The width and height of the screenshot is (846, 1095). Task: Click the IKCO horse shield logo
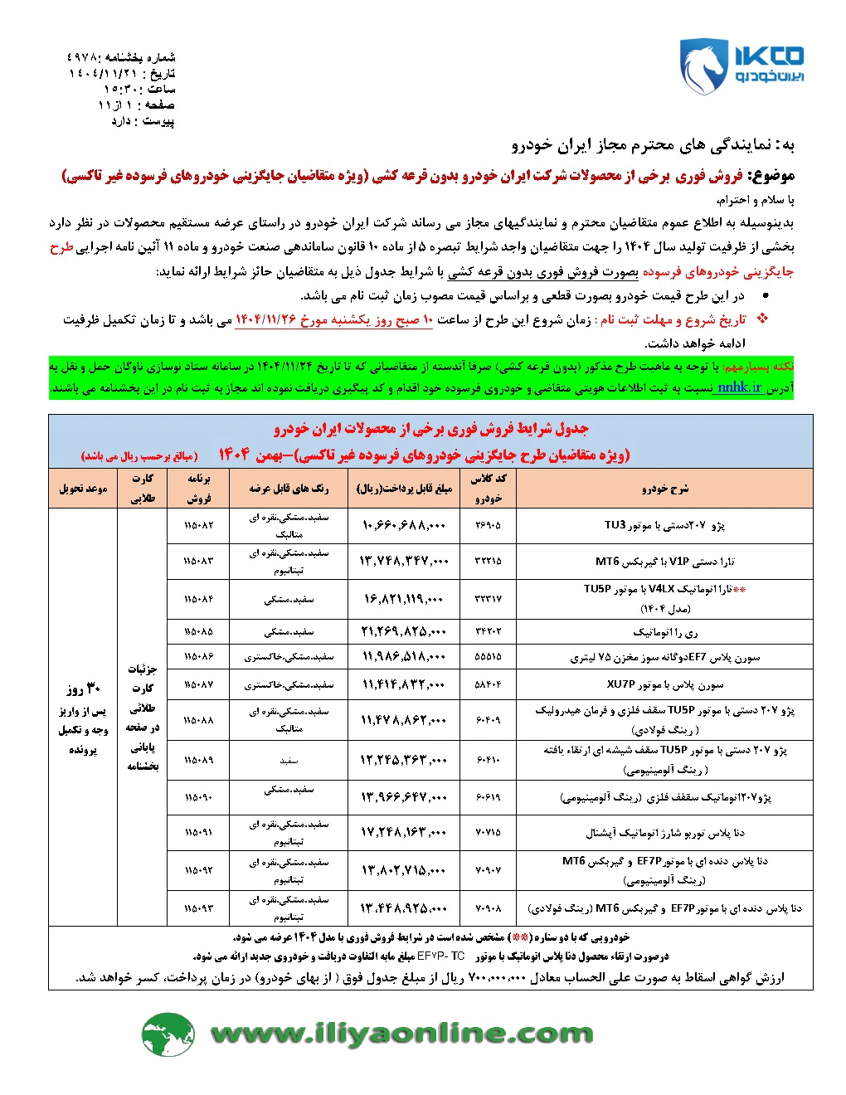coord(704,66)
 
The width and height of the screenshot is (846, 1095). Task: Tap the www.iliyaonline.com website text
coord(401,1034)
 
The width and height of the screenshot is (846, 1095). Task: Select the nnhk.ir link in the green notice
coord(739,387)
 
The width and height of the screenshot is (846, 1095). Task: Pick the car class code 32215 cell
coord(488,562)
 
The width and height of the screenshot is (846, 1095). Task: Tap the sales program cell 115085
coord(198,632)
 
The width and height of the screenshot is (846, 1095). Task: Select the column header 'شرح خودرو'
coord(664,489)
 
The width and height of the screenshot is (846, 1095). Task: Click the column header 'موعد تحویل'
coord(83,489)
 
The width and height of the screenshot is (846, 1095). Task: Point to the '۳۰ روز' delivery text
coord(83,689)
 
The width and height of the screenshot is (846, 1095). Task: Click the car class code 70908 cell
coord(488,908)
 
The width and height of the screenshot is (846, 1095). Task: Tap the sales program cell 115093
coord(198,908)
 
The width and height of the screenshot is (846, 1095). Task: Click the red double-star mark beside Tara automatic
coord(739,590)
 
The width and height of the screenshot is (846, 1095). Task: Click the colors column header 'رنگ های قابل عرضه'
coord(289,489)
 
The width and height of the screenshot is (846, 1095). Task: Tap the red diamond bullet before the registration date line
coord(762,319)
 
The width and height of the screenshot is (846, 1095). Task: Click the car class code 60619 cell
coord(488,797)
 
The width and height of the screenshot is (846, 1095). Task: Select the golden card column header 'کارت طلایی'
coord(143,489)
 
